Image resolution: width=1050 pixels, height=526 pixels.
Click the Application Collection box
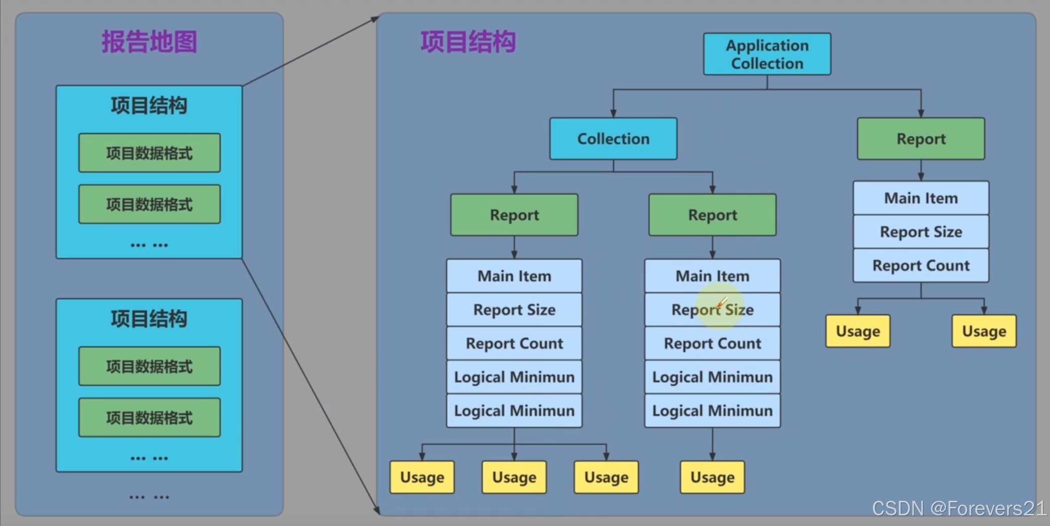click(767, 54)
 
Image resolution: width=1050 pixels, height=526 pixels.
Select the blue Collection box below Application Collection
click(613, 139)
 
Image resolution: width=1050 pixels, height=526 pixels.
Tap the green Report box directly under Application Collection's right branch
click(921, 139)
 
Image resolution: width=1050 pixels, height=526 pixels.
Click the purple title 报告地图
click(149, 42)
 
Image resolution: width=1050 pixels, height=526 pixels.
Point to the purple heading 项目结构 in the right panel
click(468, 42)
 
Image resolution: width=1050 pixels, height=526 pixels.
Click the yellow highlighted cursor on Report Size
click(721, 305)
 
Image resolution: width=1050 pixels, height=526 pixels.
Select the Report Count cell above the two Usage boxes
click(921, 266)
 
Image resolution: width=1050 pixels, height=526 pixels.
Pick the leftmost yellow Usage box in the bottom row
click(422, 477)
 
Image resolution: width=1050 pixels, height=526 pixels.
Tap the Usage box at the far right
click(984, 331)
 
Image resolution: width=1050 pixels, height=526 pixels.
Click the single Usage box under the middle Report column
click(712, 477)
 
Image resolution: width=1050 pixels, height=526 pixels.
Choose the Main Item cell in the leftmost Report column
click(514, 276)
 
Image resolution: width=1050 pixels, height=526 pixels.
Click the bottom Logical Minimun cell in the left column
click(514, 411)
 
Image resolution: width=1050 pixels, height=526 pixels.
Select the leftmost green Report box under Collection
click(514, 215)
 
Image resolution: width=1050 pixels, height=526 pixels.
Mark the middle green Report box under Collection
click(712, 215)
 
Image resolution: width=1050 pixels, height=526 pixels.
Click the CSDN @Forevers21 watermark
click(959, 509)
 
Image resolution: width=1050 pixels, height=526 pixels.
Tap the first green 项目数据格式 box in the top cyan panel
click(149, 153)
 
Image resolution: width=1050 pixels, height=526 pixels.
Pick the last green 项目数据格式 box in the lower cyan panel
click(149, 417)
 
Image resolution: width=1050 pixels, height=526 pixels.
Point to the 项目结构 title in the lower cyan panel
click(149, 319)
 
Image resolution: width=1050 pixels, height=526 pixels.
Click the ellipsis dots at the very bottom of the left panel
click(149, 497)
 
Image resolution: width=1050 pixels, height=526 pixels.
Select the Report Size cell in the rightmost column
click(921, 232)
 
